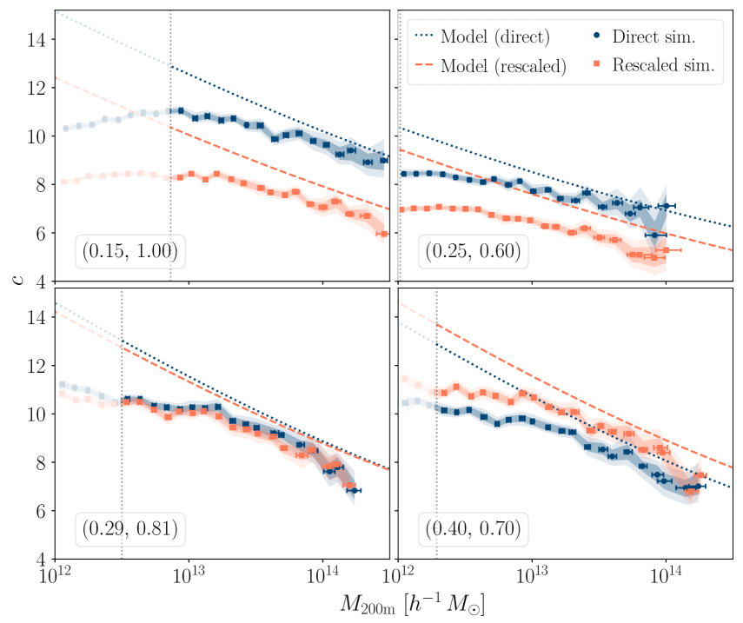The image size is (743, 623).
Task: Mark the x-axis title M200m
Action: (x=419, y=604)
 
